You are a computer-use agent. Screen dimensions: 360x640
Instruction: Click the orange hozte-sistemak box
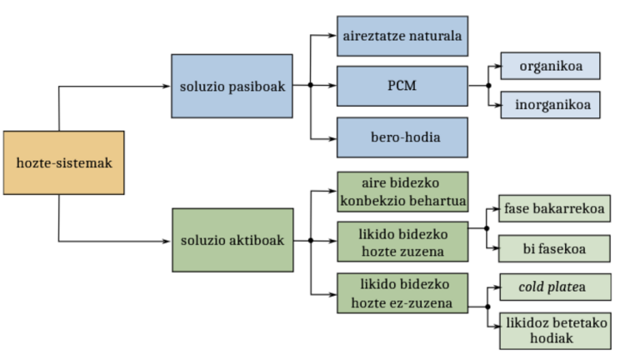click(x=64, y=163)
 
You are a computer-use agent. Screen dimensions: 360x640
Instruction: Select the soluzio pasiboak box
click(x=232, y=86)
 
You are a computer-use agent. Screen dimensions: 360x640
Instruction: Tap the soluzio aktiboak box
click(x=232, y=240)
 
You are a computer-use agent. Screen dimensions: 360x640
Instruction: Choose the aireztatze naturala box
click(x=402, y=36)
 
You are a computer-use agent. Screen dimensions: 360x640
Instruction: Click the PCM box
click(x=402, y=86)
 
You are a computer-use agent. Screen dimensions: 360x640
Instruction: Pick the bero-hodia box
click(x=402, y=137)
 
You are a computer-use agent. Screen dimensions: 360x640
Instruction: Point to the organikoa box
click(x=550, y=64)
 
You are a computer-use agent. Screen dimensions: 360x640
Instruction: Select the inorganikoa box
click(x=550, y=106)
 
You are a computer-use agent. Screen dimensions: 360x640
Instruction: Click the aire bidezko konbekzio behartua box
click(x=402, y=192)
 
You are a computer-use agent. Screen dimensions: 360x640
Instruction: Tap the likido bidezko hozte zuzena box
click(x=402, y=242)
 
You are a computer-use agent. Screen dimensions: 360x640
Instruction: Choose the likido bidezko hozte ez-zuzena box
click(x=402, y=292)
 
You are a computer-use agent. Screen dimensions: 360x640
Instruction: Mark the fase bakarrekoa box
click(x=555, y=207)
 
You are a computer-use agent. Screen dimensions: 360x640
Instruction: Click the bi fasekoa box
click(x=555, y=248)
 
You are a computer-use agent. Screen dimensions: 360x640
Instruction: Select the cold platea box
click(x=555, y=287)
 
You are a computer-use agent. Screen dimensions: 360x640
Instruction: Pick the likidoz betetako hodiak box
click(x=555, y=331)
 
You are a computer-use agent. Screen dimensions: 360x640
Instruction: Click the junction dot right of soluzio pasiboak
click(x=310, y=86)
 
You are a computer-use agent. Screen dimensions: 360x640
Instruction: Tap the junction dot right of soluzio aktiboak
click(x=310, y=241)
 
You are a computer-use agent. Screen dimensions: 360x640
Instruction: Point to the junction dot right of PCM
click(x=488, y=85)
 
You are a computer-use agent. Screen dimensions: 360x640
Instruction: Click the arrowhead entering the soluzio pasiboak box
click(x=167, y=86)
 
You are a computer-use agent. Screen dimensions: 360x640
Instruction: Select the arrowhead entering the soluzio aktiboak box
click(x=167, y=241)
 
